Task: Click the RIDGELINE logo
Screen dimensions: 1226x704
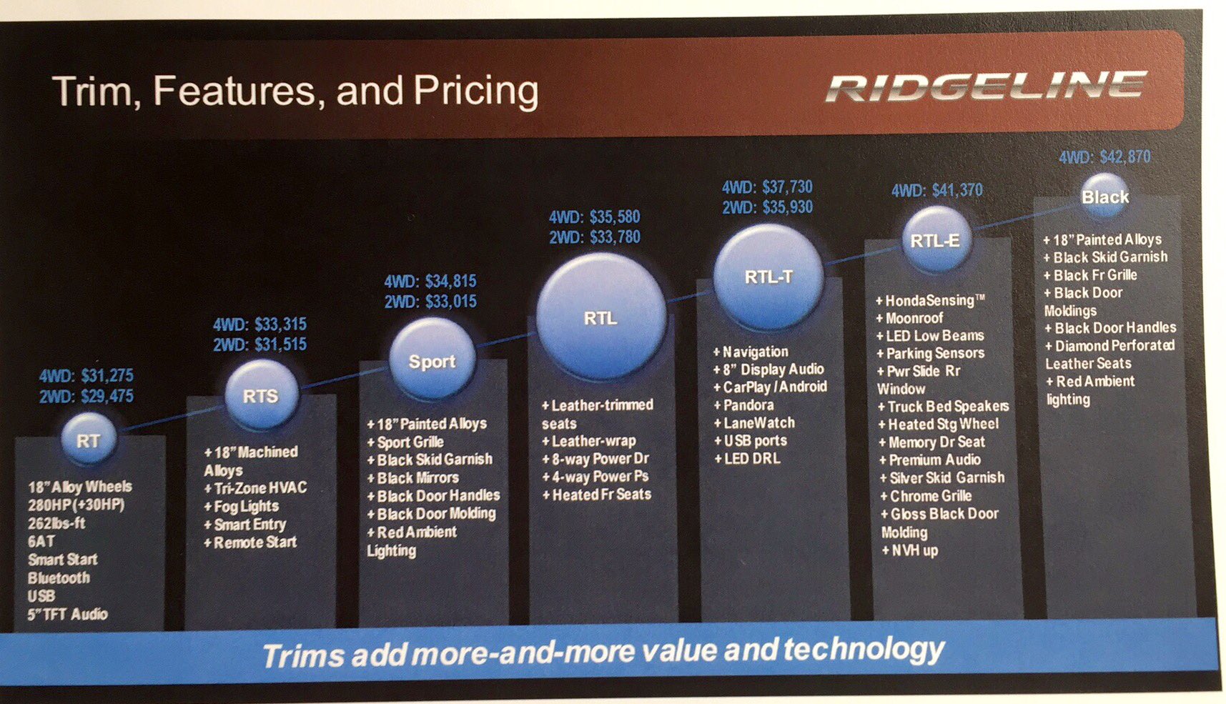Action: click(987, 87)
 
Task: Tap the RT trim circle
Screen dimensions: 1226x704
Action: click(89, 440)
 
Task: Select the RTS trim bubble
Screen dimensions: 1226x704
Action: click(261, 395)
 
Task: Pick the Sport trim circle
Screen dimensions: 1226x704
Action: click(432, 360)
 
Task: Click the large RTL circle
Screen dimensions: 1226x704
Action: click(601, 317)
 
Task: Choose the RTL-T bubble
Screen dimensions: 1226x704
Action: click(768, 277)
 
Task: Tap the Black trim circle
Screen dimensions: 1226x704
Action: click(1105, 197)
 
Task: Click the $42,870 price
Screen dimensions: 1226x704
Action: click(1125, 157)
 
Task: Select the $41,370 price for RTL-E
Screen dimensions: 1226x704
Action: click(957, 190)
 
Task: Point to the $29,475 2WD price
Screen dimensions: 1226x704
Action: click(107, 395)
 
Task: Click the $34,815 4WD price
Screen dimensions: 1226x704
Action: click(450, 281)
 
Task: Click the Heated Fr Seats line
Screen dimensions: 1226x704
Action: click(597, 494)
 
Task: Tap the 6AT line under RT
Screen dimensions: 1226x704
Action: click(41, 541)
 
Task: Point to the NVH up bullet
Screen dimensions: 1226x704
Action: click(909, 550)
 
